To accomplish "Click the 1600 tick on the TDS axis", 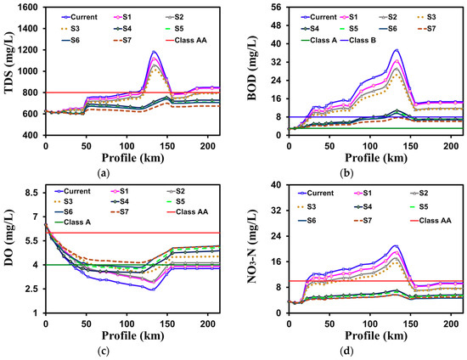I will coord(28,7).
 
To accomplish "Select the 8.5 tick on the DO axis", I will coord(30,194).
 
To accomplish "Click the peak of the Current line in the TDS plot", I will coord(154,52).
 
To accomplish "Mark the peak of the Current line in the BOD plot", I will coord(397,50).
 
